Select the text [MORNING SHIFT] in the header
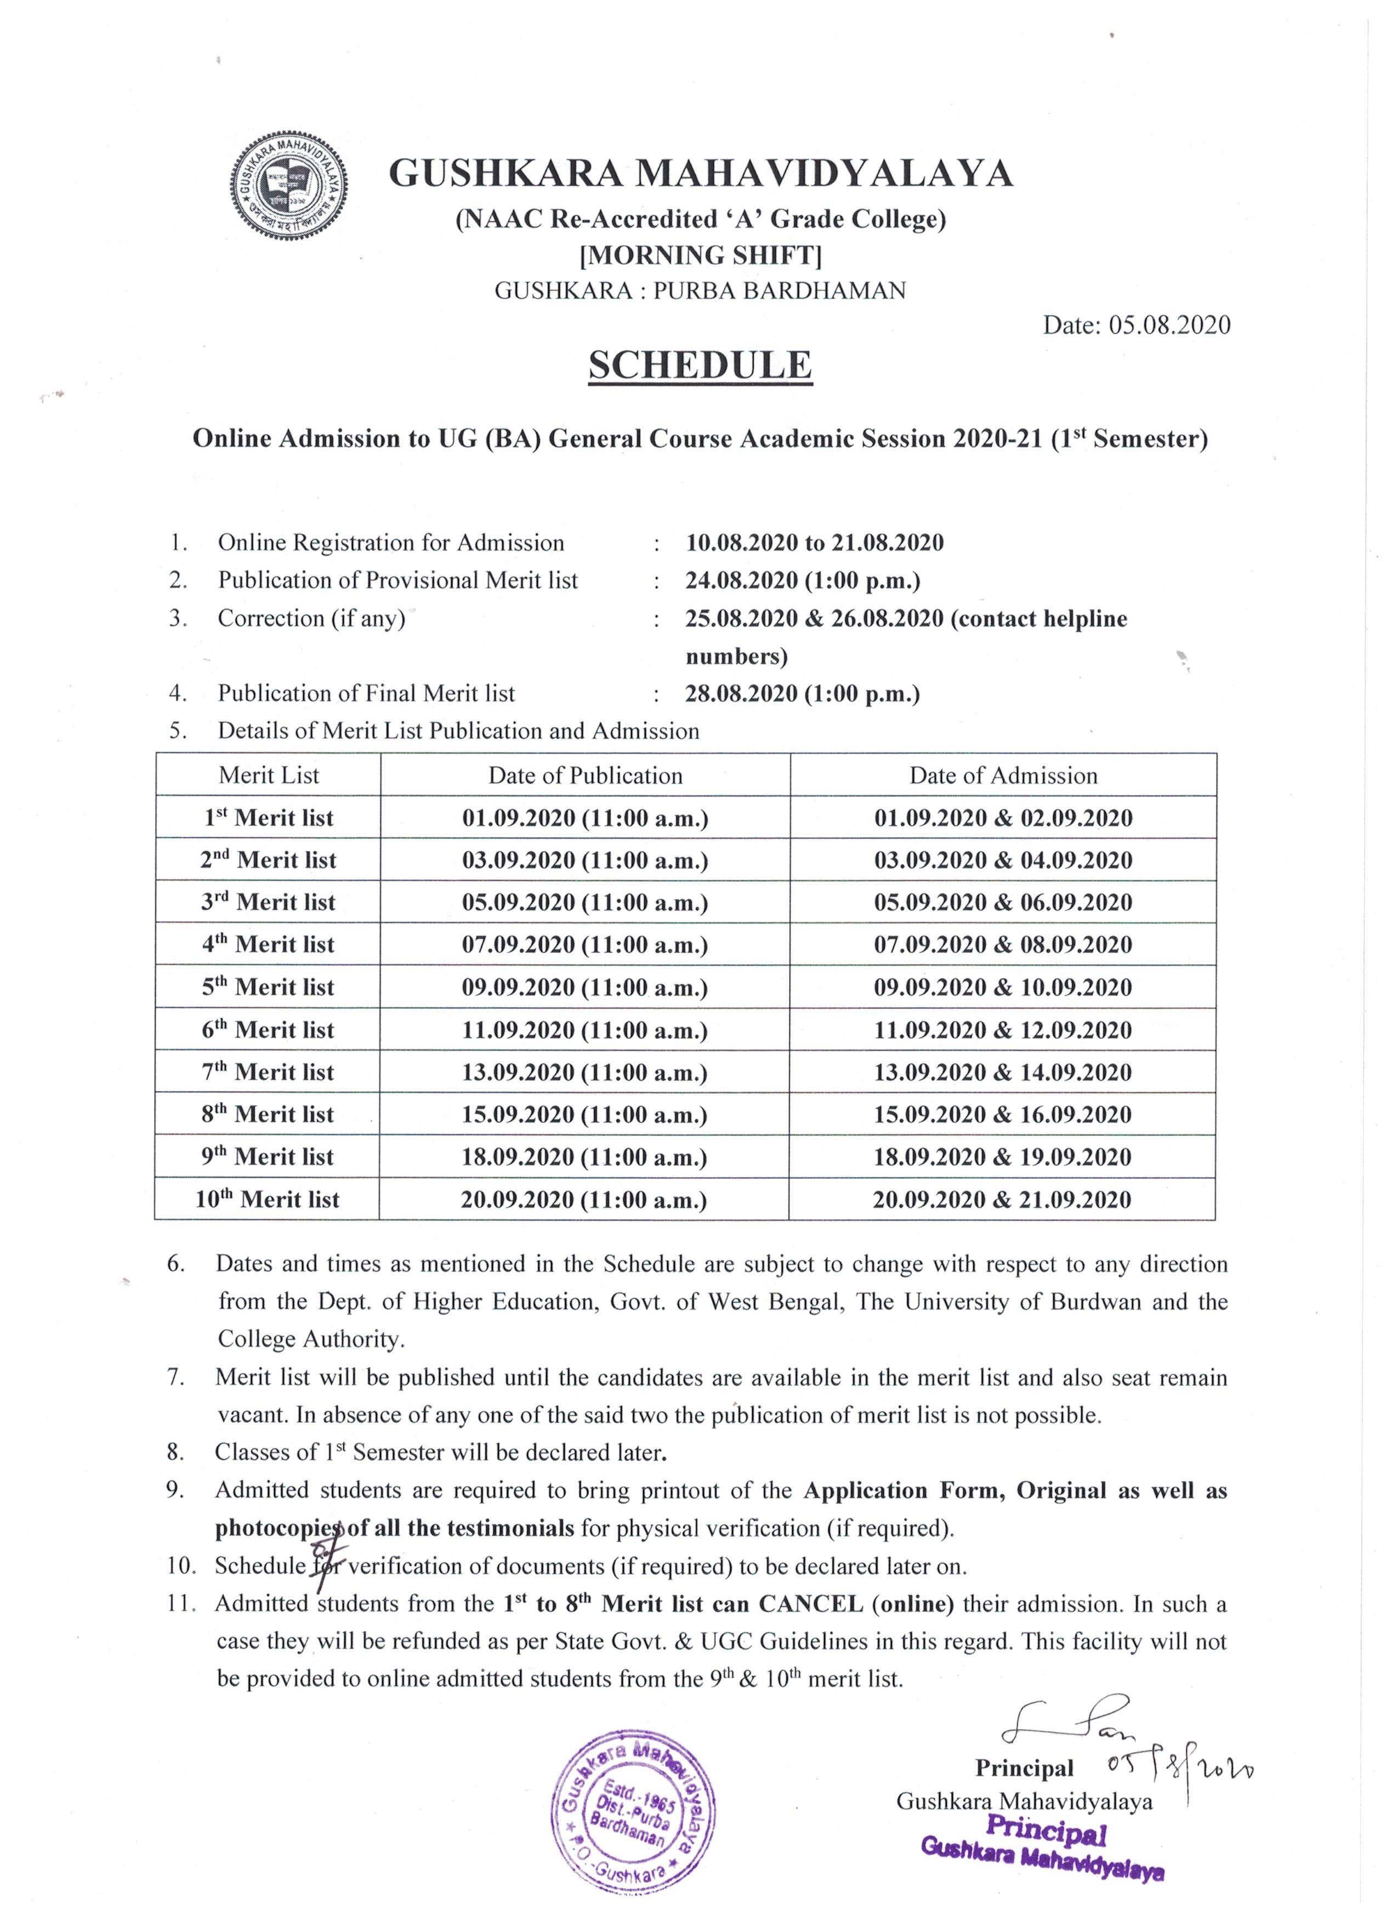tap(700, 255)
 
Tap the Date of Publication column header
tap(585, 775)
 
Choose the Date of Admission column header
tap(1003, 775)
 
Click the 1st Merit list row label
tap(269, 818)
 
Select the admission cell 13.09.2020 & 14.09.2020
tap(1003, 1072)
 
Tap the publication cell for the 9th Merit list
tap(584, 1157)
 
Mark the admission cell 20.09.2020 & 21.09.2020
tap(1002, 1199)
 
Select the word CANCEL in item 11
tap(810, 1604)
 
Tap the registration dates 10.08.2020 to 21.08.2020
tap(815, 543)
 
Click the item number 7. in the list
tap(175, 1377)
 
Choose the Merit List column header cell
tap(269, 775)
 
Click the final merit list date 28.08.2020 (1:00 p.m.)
tap(802, 694)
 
